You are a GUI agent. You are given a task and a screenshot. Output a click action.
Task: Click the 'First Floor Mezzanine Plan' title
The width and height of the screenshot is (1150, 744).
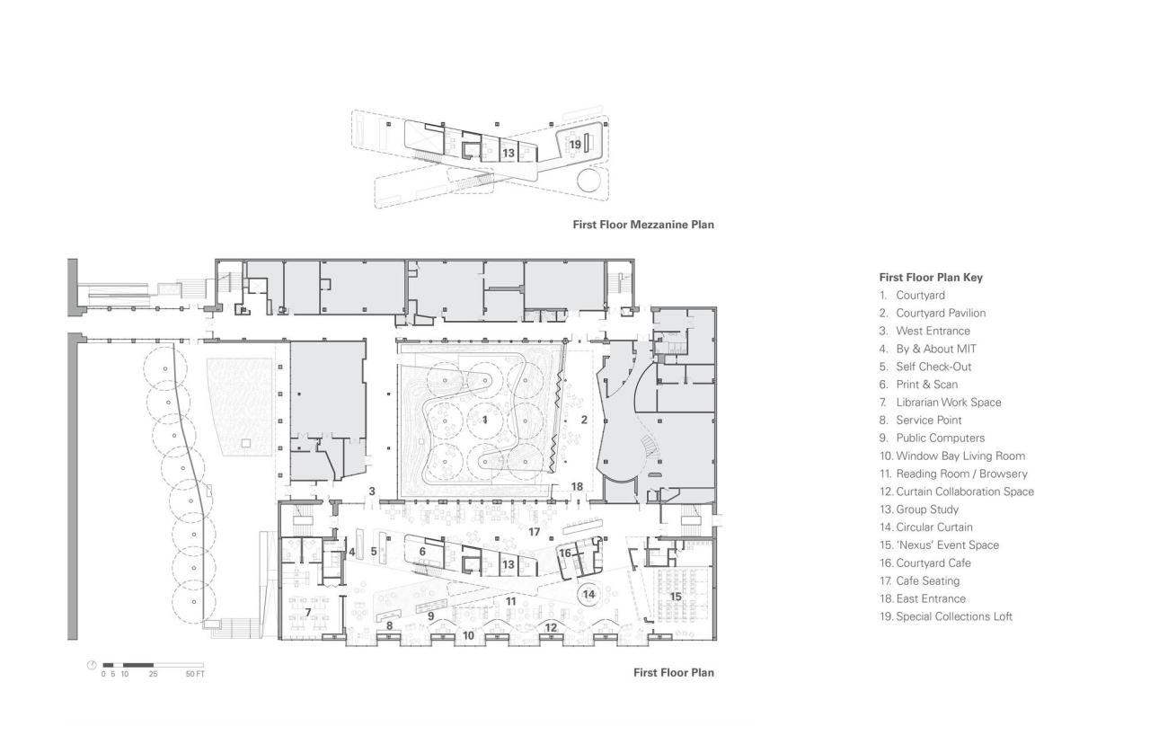coord(643,225)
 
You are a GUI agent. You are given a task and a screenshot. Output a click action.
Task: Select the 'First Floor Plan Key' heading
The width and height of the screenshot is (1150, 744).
coord(931,277)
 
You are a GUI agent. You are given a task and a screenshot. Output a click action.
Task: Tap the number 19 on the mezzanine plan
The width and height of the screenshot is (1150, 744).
coord(575,144)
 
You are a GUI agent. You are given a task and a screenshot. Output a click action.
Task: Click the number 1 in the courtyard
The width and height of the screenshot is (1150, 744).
coord(485,420)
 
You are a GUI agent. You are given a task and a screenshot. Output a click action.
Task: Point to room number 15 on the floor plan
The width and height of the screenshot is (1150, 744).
coord(676,596)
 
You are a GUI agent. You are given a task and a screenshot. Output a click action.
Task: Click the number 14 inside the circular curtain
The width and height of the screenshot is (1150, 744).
coord(588,594)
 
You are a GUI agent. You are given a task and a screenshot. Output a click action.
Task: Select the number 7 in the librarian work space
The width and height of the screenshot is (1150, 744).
coord(308,612)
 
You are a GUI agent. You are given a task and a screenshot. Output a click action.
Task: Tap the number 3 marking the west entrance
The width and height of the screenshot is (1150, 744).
coord(371,492)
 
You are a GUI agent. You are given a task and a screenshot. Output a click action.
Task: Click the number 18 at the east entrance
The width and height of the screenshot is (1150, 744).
coord(578,486)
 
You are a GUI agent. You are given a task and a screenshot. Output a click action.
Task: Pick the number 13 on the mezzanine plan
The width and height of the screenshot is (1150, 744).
coord(509,153)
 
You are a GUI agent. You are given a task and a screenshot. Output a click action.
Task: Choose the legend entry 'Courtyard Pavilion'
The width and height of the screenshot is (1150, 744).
coord(940,313)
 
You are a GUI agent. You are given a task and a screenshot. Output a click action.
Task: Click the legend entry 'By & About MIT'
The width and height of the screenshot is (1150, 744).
coord(936,349)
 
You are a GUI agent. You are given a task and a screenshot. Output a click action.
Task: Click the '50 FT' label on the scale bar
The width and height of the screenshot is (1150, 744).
coord(195,673)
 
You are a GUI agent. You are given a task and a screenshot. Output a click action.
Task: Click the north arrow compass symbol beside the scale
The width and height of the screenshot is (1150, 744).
coord(92,666)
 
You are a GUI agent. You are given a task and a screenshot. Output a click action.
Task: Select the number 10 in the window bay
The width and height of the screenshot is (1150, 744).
coord(467,635)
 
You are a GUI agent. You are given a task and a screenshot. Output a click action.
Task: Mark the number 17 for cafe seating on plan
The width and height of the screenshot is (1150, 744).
coord(534,532)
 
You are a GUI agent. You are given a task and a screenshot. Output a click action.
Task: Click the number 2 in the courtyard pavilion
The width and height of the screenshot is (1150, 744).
coord(583,420)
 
